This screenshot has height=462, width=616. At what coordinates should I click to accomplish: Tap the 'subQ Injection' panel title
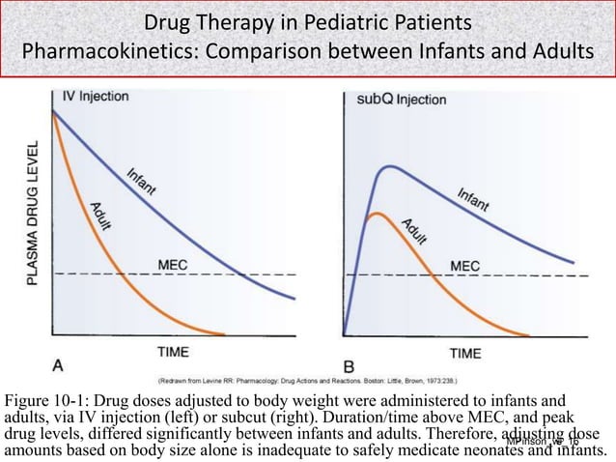point(401,99)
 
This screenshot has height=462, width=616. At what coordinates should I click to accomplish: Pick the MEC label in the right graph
point(464,264)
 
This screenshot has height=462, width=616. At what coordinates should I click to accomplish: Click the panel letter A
point(59,365)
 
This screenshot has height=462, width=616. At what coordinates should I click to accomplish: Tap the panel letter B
point(350,367)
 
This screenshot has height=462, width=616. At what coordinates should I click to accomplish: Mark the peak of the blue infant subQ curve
point(388,167)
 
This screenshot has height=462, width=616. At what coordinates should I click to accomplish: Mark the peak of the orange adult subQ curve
point(378,213)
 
